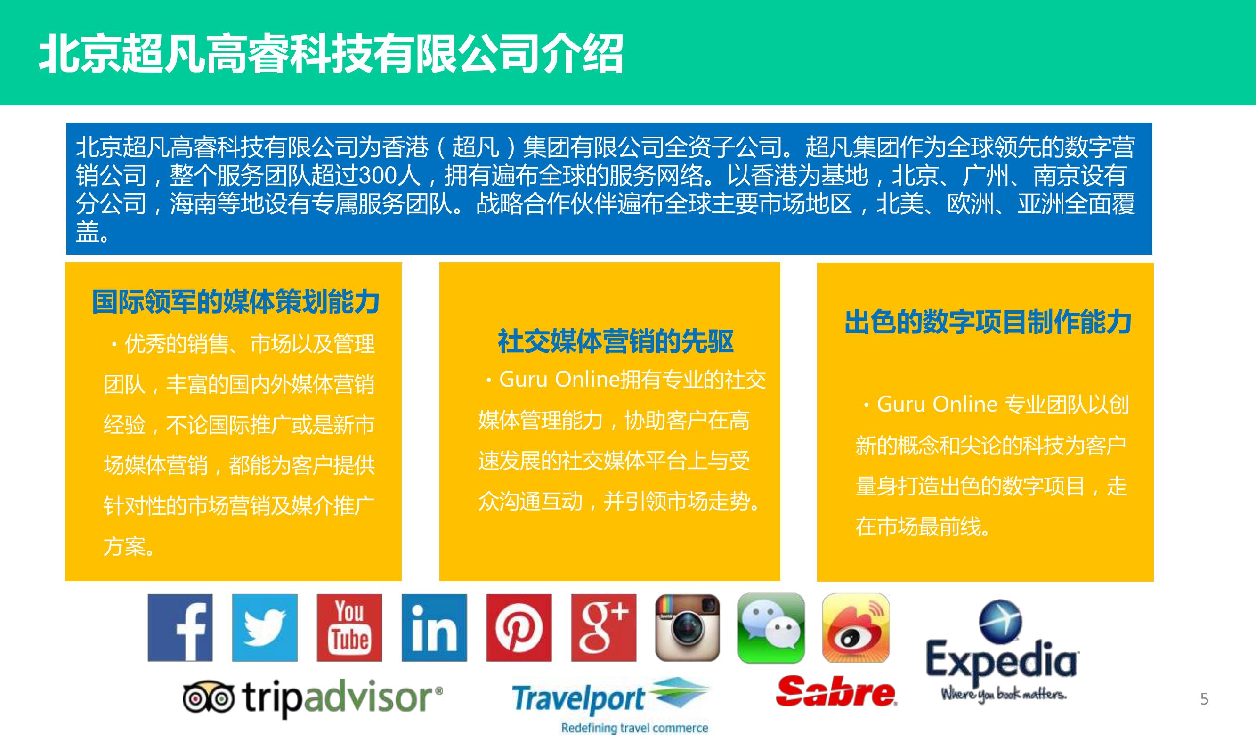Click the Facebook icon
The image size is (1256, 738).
(180, 627)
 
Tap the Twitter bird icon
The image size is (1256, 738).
(265, 627)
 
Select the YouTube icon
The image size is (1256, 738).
(349, 627)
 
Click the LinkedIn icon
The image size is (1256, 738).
(434, 627)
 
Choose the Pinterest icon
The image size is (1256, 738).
(519, 627)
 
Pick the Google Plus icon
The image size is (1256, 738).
(604, 627)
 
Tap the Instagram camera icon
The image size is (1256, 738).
(688, 627)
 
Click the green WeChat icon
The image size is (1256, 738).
(771, 628)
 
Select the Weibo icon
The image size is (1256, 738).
(856, 628)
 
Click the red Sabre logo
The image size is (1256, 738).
(837, 691)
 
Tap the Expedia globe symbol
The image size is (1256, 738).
(1000, 620)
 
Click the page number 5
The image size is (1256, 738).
(1204, 699)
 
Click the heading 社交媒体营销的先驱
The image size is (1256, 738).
(616, 341)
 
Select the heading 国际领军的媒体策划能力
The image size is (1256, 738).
(236, 301)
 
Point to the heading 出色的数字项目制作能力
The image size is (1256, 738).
(988, 322)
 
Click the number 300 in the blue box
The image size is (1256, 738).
(376, 175)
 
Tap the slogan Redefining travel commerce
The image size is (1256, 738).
(634, 728)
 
